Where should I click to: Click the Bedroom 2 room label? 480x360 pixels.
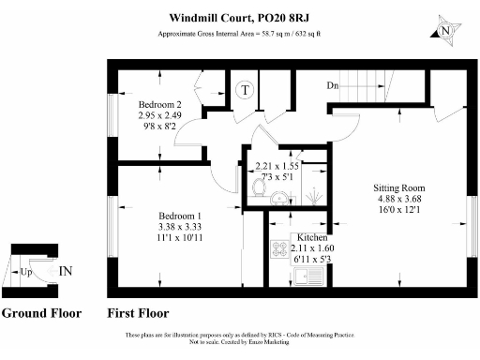(159, 104)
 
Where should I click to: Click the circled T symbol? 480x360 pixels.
(246, 90)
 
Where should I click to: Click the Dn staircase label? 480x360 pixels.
(332, 86)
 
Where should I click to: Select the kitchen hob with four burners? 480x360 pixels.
(279, 250)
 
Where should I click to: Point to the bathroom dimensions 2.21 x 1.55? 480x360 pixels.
(277, 166)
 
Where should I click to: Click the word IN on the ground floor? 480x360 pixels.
(67, 271)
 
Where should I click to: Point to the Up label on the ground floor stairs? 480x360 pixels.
(26, 272)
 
